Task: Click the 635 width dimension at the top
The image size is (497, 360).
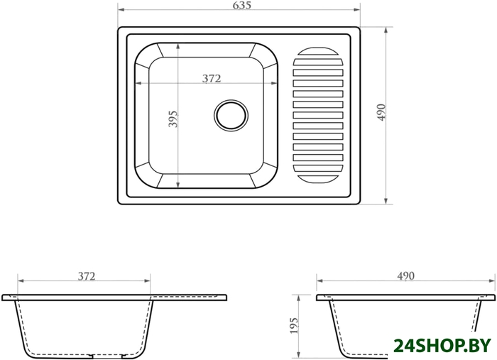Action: point(241,5)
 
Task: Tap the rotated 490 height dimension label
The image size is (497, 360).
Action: point(381,112)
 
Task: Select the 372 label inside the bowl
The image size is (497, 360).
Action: point(212,77)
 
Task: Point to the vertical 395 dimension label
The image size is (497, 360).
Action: point(173,119)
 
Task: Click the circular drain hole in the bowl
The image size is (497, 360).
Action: point(231,115)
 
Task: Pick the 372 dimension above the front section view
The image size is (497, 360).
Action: point(87,276)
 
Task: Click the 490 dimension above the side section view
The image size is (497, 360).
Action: point(405,276)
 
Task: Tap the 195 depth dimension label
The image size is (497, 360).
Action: point(294,325)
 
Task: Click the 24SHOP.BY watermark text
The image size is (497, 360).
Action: point(442,346)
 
